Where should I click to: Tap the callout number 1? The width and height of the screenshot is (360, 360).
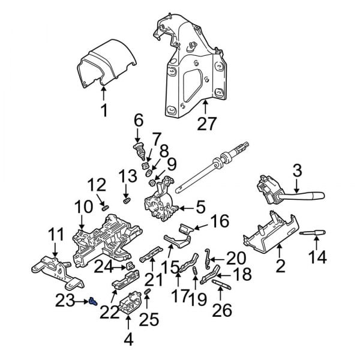103,110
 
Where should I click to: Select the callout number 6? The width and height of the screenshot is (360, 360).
138,121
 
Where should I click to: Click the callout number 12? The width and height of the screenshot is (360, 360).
97,184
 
